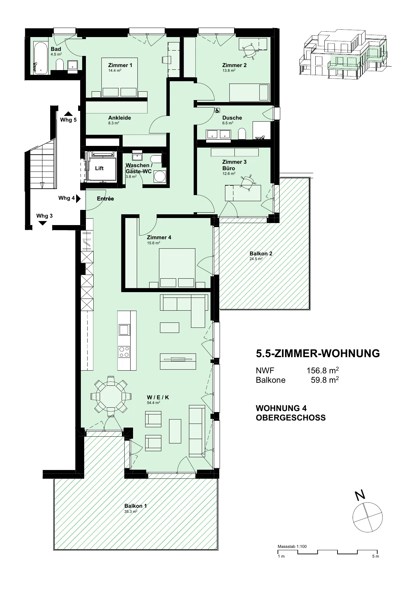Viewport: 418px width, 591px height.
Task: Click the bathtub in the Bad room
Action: (x=41, y=58)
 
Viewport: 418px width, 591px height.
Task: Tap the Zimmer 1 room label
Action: (x=120, y=65)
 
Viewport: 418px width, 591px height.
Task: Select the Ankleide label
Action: (x=120, y=118)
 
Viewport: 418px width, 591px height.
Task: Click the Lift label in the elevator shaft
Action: (x=99, y=168)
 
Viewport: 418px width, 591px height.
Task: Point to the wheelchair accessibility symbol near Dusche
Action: (x=218, y=110)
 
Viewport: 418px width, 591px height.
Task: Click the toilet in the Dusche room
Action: (x=242, y=134)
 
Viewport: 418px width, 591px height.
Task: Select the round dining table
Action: (x=110, y=396)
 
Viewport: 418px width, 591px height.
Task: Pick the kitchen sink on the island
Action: (x=124, y=329)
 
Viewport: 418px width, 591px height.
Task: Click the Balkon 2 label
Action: (x=261, y=253)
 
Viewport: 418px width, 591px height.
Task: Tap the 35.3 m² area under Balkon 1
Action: (x=131, y=511)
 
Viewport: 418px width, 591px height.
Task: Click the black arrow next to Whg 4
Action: (x=78, y=198)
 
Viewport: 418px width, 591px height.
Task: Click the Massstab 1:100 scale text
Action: (x=292, y=547)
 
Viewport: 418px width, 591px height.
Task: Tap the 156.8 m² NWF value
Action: (x=322, y=371)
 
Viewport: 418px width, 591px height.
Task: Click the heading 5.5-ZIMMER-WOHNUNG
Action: (x=318, y=353)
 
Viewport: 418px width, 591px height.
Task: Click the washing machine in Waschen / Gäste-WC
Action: (x=160, y=176)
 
